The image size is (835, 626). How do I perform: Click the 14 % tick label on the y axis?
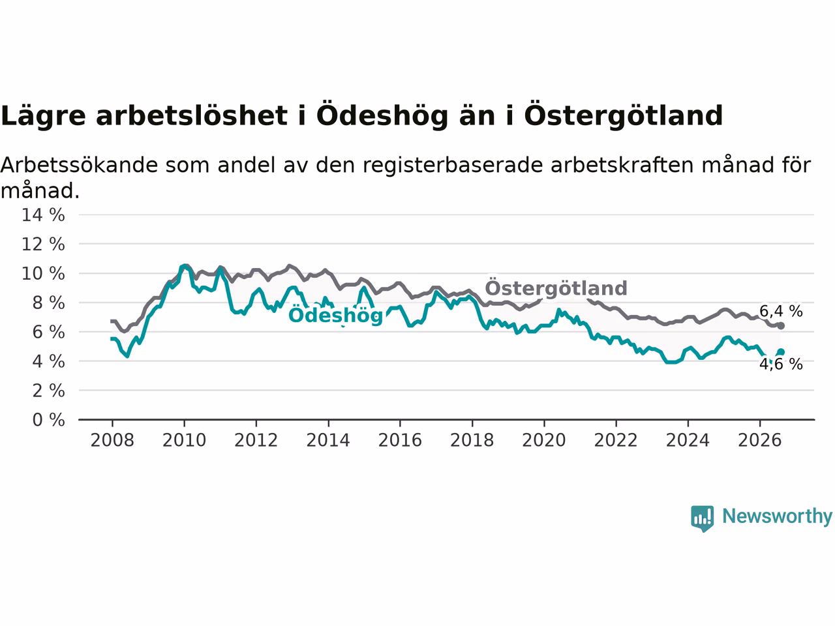point(43,215)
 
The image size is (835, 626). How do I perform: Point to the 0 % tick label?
point(48,420)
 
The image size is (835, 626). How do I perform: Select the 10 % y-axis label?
point(43,274)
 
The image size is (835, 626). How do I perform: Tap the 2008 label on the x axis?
point(112,440)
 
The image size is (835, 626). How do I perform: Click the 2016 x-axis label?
point(400,440)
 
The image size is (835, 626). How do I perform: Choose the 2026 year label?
point(760,440)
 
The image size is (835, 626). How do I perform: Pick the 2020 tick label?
point(544,440)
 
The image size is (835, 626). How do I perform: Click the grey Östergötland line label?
point(556,288)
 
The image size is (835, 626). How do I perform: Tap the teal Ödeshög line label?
point(335,316)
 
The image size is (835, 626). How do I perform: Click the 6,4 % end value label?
point(781,311)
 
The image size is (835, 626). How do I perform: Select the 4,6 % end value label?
point(781,364)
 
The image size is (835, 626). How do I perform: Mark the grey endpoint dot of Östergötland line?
point(781,326)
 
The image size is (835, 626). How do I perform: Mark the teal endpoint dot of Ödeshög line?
point(781,352)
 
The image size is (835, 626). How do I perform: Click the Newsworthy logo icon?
point(702,518)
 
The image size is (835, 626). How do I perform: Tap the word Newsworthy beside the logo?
point(777,516)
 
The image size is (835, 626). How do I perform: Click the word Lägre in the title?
point(43,115)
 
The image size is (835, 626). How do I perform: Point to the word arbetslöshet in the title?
point(192,115)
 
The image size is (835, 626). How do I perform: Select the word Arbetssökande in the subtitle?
point(79,165)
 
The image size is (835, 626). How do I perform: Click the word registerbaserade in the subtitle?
point(452,166)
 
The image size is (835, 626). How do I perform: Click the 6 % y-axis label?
point(48,332)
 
